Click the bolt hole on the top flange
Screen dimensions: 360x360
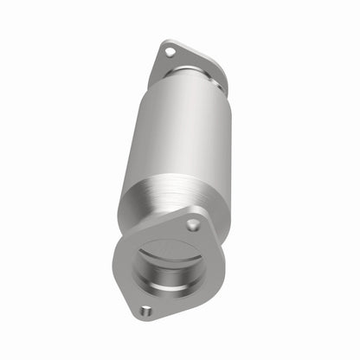tap(170, 52)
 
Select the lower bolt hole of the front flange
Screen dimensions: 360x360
tap(146, 311)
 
